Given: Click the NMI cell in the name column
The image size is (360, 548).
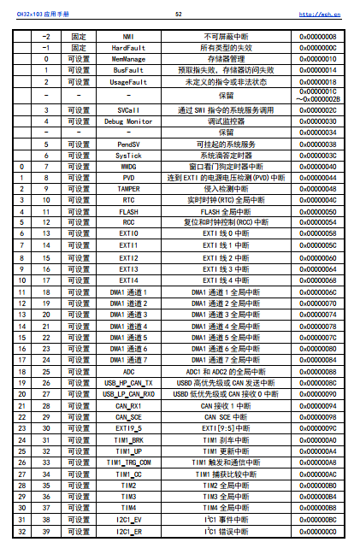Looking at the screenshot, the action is (128, 37).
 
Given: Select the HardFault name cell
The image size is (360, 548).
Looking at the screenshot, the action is (128, 48).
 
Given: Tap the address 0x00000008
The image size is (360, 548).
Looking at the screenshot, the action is (317, 37).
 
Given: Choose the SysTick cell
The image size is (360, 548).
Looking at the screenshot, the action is (128, 156).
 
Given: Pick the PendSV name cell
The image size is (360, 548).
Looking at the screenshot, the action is (128, 144).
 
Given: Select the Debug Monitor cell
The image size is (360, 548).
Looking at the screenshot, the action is (128, 122).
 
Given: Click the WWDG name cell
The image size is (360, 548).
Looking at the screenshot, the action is (128, 167).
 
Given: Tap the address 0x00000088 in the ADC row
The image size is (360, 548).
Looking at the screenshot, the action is (317, 371).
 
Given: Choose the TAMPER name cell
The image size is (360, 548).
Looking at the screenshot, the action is (128, 189).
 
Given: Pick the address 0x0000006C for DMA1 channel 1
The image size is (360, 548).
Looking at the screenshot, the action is (317, 292).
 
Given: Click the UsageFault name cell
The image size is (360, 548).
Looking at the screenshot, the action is (128, 81).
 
